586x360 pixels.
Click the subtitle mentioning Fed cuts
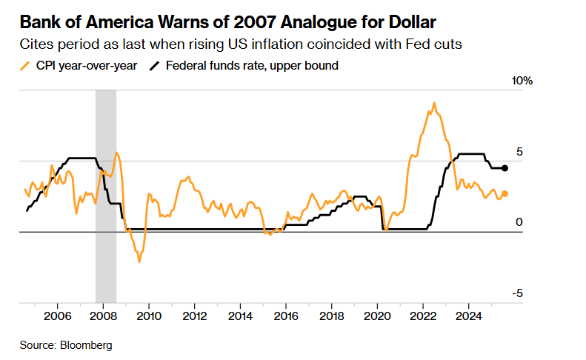pos(242,44)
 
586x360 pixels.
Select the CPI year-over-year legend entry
pos(79,65)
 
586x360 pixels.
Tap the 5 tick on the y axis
pos(519,152)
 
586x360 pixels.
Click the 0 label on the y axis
pos(519,222)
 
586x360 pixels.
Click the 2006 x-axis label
pos(58,317)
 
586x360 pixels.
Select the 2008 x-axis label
pos(104,317)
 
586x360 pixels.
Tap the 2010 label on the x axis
pos(149,317)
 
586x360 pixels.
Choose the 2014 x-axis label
pos(240,317)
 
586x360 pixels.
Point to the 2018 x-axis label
pos(331,317)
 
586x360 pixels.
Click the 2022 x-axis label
pos(422,317)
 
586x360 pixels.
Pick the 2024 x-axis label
pos(468,317)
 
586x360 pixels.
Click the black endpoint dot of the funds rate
pos(505,168)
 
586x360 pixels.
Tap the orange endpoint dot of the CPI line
pos(505,194)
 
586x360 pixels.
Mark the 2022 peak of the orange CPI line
pos(433,104)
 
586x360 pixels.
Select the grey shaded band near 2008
pos(106,193)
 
